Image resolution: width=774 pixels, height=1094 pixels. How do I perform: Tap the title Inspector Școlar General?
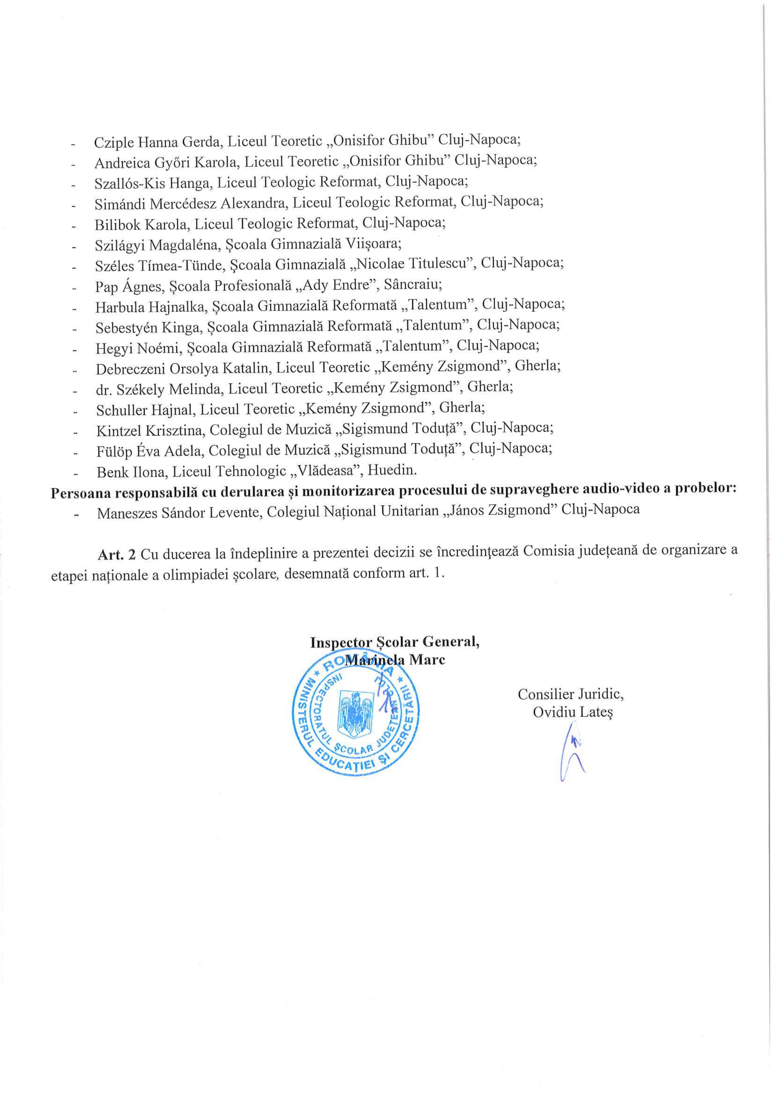coord(394,642)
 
